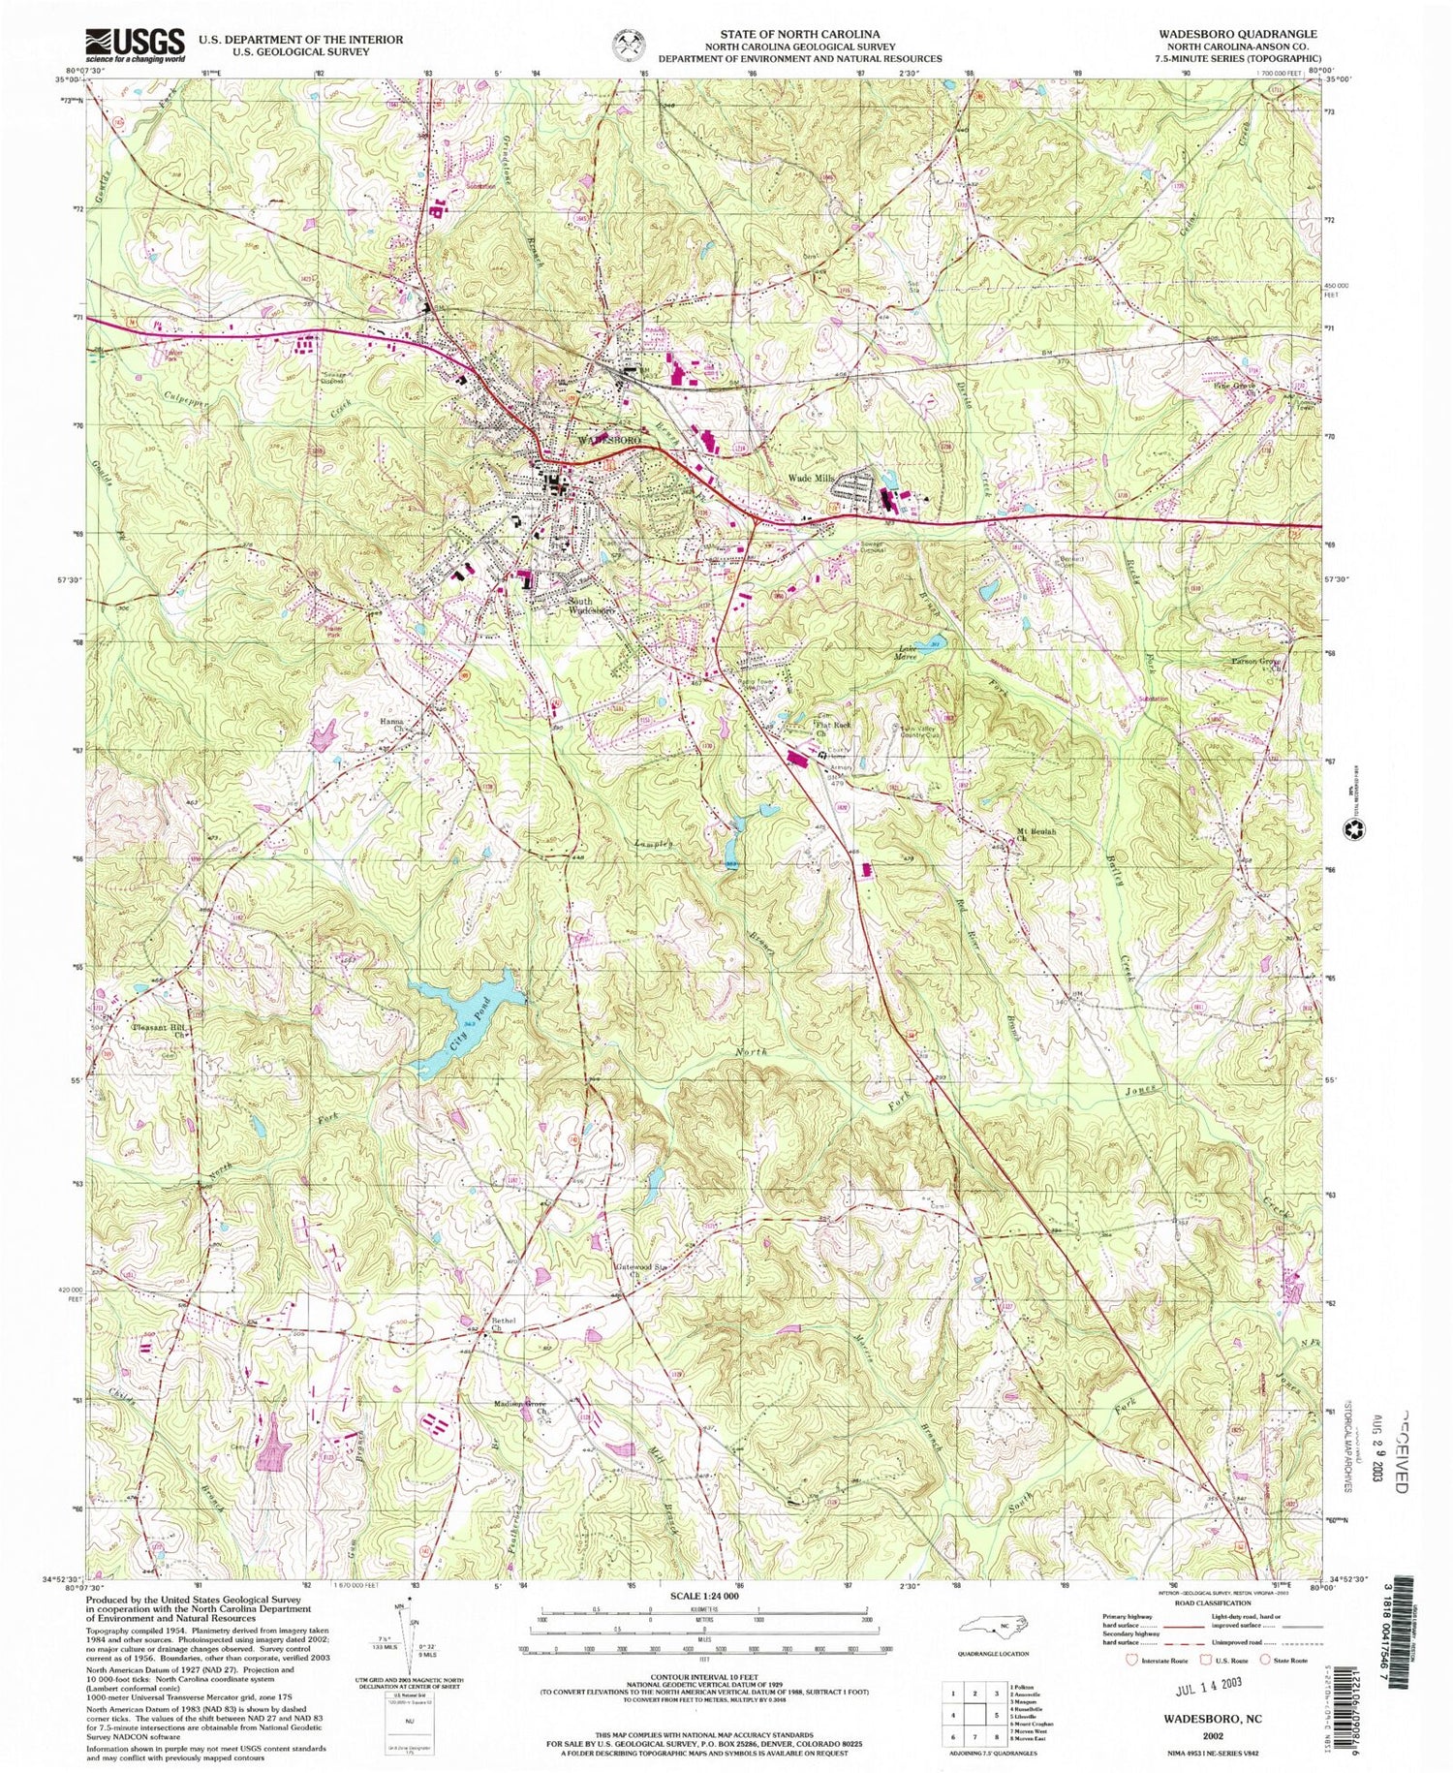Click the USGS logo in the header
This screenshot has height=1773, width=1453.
pos(135,45)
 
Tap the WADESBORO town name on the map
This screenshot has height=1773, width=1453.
pos(611,439)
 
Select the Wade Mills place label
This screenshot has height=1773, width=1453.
pos(811,478)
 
